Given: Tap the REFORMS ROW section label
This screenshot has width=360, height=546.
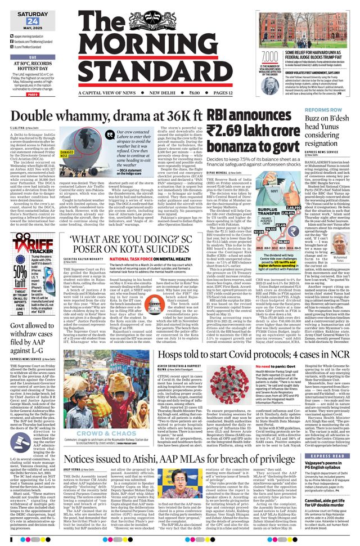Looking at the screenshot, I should pos(321,110).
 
